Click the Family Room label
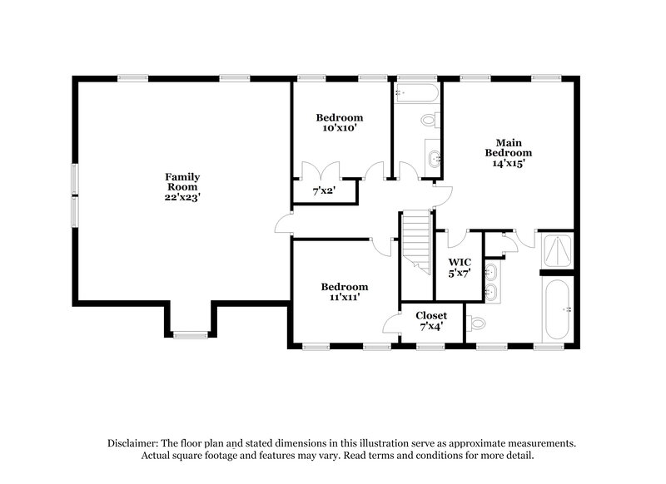click(x=181, y=182)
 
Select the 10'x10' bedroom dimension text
click(x=339, y=128)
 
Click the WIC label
click(x=460, y=262)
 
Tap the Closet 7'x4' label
click(x=431, y=321)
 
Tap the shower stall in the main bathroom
click(x=556, y=250)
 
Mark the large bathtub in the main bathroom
click(x=556, y=309)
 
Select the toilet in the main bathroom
click(x=475, y=321)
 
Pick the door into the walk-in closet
click(x=457, y=237)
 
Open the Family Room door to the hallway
click(x=284, y=223)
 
